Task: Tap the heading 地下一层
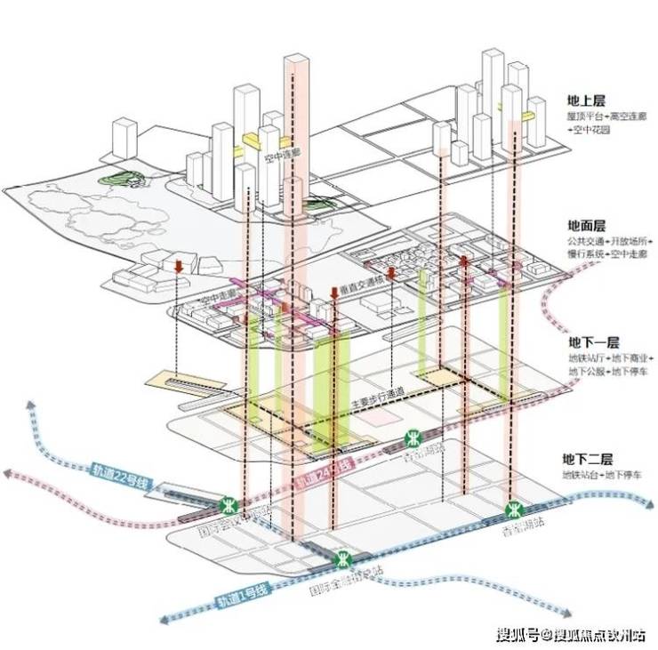tap(595, 342)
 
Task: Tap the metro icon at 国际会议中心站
tap(230, 504)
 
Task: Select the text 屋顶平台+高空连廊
tap(607, 116)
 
